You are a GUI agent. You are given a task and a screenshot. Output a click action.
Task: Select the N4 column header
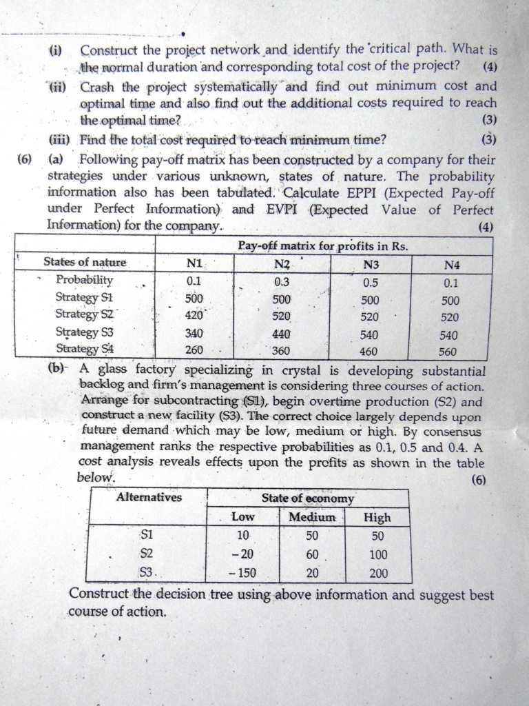pyautogui.click(x=451, y=264)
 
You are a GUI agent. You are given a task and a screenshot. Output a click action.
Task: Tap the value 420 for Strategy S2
pyautogui.click(x=195, y=315)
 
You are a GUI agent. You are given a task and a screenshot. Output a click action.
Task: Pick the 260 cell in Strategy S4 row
pyautogui.click(x=195, y=350)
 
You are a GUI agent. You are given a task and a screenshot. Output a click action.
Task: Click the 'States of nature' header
pyautogui.click(x=85, y=262)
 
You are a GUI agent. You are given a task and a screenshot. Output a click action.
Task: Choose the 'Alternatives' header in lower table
pyautogui.click(x=149, y=497)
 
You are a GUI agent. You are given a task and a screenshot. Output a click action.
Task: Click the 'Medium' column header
pyautogui.click(x=312, y=516)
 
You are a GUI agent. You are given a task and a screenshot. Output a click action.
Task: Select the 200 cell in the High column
pyautogui.click(x=378, y=572)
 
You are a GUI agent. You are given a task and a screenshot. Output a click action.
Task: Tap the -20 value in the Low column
pyautogui.click(x=242, y=554)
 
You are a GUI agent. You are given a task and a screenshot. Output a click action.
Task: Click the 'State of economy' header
pyautogui.click(x=307, y=498)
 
